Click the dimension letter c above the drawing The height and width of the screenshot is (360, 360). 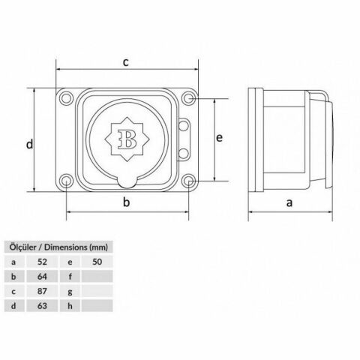tap(125, 62)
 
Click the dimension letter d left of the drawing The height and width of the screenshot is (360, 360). tap(29, 144)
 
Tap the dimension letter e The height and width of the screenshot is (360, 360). tap(219, 138)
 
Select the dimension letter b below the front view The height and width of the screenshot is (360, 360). tap(127, 202)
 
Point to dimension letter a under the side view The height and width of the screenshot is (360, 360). tap(289, 202)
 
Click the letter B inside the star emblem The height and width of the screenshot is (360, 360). tap(127, 139)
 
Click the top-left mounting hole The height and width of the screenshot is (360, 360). tap(67, 97)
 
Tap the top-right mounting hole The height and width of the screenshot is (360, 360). tap(188, 98)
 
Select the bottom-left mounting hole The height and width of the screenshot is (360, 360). tap(67, 180)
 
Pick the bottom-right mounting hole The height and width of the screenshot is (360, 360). tap(189, 181)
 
